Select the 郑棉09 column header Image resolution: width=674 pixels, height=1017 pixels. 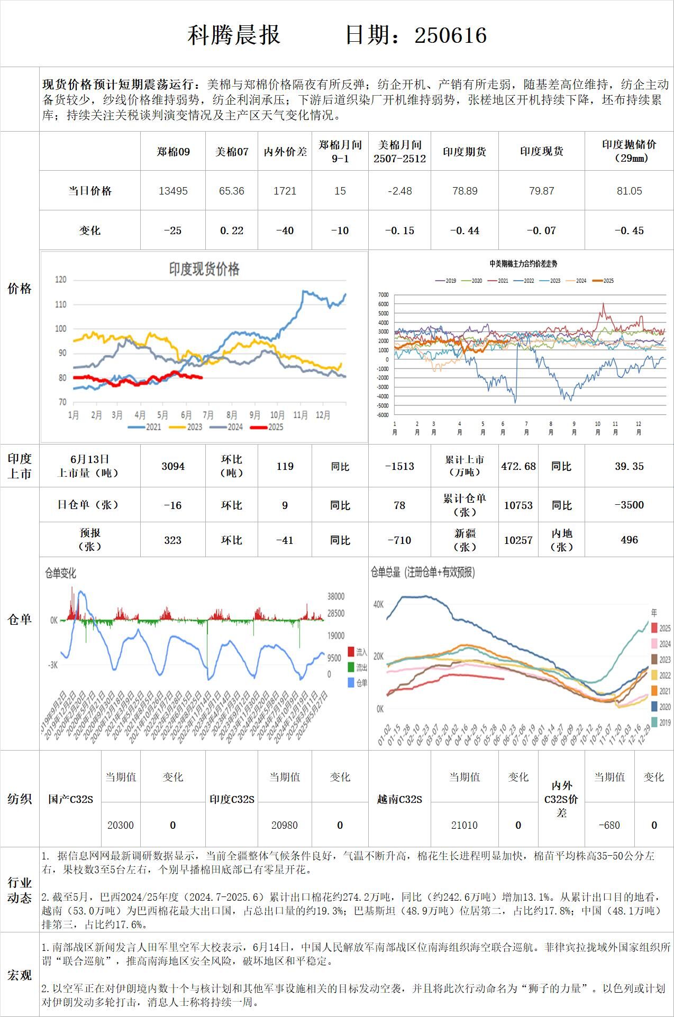(x=173, y=152)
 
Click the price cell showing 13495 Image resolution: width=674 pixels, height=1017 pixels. (x=173, y=191)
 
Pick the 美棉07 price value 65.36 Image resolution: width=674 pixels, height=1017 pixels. (x=232, y=191)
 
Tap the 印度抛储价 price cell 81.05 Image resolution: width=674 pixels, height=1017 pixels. (x=629, y=191)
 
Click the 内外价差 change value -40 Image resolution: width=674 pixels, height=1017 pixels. (x=285, y=230)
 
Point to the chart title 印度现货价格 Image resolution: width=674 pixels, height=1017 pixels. (x=204, y=269)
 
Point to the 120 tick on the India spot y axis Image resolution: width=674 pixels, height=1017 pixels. (x=61, y=280)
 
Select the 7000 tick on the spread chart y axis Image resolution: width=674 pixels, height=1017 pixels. (x=383, y=295)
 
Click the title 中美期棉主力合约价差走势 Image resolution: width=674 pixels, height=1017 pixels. (x=523, y=264)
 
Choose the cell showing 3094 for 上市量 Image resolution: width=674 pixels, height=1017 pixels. (x=173, y=466)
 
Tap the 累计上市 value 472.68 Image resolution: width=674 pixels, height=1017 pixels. (x=518, y=466)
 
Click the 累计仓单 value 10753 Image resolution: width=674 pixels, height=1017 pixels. (x=518, y=505)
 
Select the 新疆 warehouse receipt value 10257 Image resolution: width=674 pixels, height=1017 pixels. (x=518, y=540)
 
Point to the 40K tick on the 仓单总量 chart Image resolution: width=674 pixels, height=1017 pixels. (x=378, y=604)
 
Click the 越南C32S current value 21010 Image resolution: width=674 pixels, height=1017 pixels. (x=464, y=825)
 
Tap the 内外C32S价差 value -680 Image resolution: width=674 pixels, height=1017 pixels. (x=609, y=825)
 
